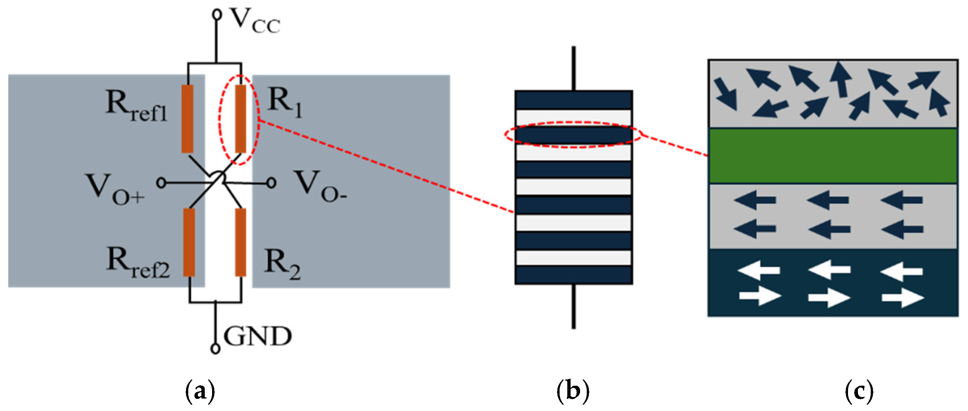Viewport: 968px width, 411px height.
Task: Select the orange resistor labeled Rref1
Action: (188, 119)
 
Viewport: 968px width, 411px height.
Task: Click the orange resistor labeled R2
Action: (240, 242)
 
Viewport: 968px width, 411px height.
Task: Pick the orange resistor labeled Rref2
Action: (189, 242)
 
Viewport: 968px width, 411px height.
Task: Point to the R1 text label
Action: (284, 104)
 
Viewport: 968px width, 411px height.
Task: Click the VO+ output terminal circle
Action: (161, 183)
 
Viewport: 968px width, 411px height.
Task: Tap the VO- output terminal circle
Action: (271, 183)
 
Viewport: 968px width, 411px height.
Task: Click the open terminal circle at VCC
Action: (216, 14)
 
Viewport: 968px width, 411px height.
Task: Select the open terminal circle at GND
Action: (215, 349)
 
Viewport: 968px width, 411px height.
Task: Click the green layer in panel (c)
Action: (832, 156)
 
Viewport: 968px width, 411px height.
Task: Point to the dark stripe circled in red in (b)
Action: (574, 135)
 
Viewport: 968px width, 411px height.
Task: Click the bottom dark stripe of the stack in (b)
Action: (574, 275)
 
